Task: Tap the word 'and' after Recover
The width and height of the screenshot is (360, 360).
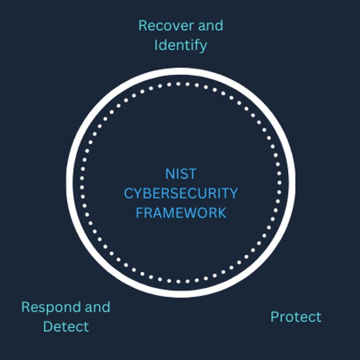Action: click(x=212, y=25)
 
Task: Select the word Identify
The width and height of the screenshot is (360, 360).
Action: click(x=180, y=45)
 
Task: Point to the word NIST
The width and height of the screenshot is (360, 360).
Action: click(x=181, y=174)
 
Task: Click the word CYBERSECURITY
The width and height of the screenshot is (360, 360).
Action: click(x=181, y=194)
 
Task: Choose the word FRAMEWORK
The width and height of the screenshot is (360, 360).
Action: click(x=181, y=213)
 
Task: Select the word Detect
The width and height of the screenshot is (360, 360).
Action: click(x=66, y=326)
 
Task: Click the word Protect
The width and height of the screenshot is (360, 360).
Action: click(x=295, y=317)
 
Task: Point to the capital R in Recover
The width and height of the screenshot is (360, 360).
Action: click(x=143, y=25)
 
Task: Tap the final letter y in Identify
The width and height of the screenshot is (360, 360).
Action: click(x=203, y=46)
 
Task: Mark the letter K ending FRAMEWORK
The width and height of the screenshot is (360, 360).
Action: click(x=222, y=213)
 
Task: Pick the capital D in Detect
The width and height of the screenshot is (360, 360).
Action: click(x=47, y=326)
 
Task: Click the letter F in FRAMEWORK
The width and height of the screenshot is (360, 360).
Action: click(x=139, y=213)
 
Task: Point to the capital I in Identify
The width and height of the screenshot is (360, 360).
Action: click(x=156, y=45)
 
